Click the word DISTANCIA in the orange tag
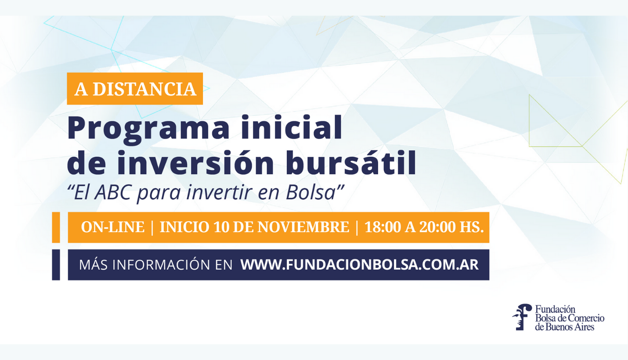[144, 89]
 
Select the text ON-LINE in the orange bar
[113, 227]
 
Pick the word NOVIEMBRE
[303, 227]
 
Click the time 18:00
[383, 227]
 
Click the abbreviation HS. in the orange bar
[472, 227]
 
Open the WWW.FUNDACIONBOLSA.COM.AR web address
[359, 265]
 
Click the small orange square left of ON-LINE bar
[56, 227]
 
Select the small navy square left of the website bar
[56, 265]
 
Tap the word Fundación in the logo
[555, 309]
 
